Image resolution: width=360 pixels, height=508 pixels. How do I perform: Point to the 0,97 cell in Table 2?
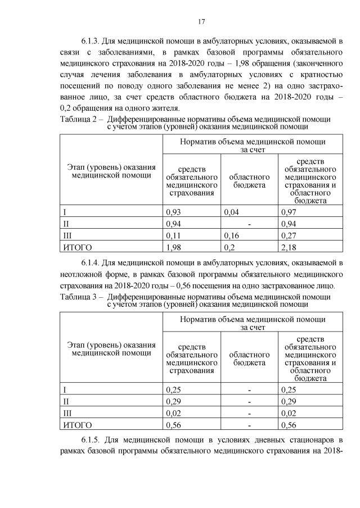pyautogui.click(x=289, y=212)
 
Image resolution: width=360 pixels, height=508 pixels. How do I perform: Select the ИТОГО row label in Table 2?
pyautogui.click(x=78, y=247)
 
